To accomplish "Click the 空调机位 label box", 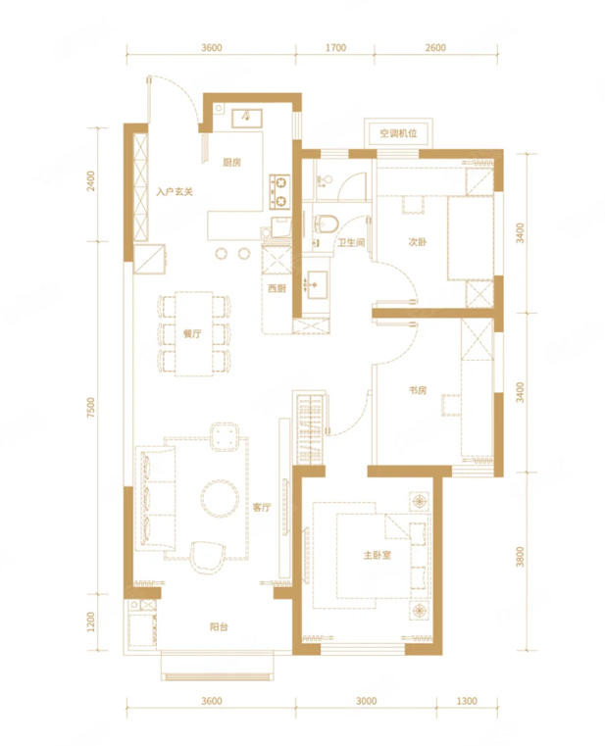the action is (398, 133).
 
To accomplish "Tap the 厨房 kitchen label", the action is (231, 162).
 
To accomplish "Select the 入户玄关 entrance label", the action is (175, 192).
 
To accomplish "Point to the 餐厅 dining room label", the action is (192, 333).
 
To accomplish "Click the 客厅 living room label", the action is (262, 507).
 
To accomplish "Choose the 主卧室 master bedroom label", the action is (378, 555).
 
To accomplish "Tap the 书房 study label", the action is (418, 390).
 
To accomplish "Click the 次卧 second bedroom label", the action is (418, 242).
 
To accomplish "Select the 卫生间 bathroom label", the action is (351, 243).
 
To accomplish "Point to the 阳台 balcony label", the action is (219, 626).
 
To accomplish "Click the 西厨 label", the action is (277, 288).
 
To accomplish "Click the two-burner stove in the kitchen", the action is (279, 192).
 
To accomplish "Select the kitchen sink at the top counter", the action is (246, 119).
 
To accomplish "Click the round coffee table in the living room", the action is (220, 498).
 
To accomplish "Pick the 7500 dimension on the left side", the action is (91, 408).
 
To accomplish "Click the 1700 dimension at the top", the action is (335, 48).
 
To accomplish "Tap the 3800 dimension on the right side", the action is (520, 557).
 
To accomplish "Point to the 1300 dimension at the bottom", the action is (467, 701).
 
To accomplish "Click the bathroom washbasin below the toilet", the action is (317, 284).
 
